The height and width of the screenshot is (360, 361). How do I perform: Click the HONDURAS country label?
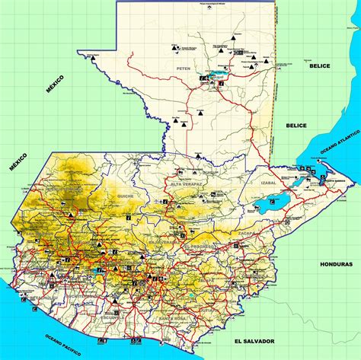pyautogui.click(x=336, y=263)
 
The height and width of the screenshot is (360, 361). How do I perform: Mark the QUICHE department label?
pyautogui.click(x=125, y=196)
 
